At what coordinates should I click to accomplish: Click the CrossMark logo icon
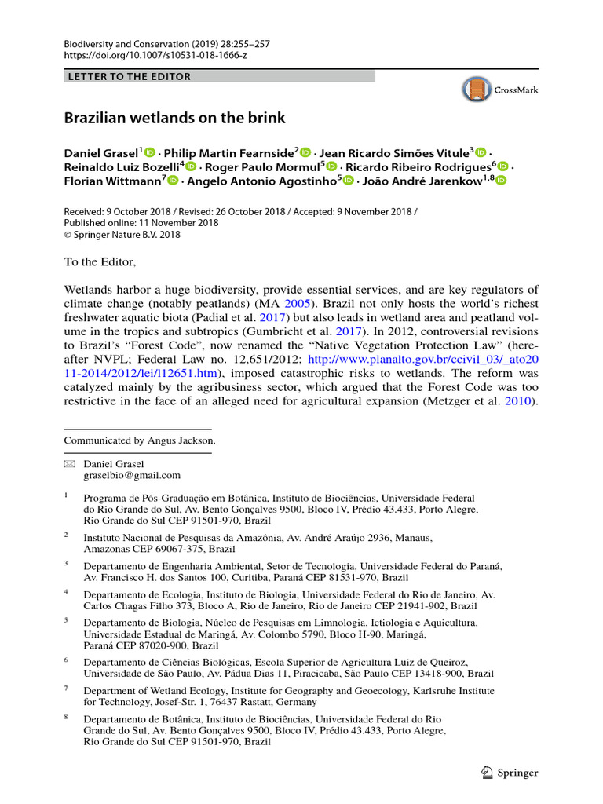click(x=475, y=90)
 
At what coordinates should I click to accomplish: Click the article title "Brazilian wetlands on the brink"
click(x=174, y=119)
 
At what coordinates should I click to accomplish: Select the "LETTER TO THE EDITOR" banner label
click(x=130, y=76)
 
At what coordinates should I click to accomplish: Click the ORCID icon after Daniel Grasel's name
click(x=150, y=152)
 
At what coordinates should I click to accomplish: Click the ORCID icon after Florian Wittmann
click(x=173, y=181)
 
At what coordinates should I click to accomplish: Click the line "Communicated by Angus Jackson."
click(x=140, y=440)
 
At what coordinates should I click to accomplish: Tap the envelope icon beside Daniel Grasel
click(x=68, y=464)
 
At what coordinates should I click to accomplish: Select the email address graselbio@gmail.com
click(x=132, y=475)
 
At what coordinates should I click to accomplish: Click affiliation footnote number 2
click(x=67, y=534)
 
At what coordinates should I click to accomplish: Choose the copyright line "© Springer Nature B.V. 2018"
click(x=122, y=234)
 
